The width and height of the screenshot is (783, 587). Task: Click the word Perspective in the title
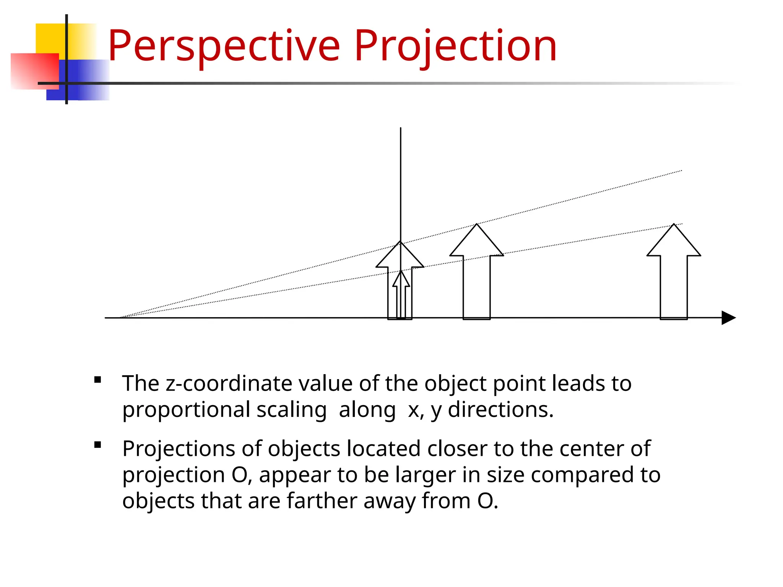(224, 47)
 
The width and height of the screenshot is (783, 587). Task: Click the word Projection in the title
(455, 47)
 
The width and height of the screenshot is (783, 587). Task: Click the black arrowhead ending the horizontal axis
(728, 318)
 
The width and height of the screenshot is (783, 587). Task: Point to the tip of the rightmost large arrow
(674, 224)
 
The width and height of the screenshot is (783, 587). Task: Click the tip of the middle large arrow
(477, 224)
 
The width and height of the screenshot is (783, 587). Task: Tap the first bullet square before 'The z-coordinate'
(98, 380)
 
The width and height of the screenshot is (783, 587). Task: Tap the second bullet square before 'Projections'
(98, 445)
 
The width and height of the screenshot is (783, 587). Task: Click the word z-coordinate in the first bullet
(229, 384)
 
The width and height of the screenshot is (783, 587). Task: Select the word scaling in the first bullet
(291, 410)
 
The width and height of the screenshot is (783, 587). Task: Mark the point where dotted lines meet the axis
(120, 318)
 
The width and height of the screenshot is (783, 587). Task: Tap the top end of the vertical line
(401, 128)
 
